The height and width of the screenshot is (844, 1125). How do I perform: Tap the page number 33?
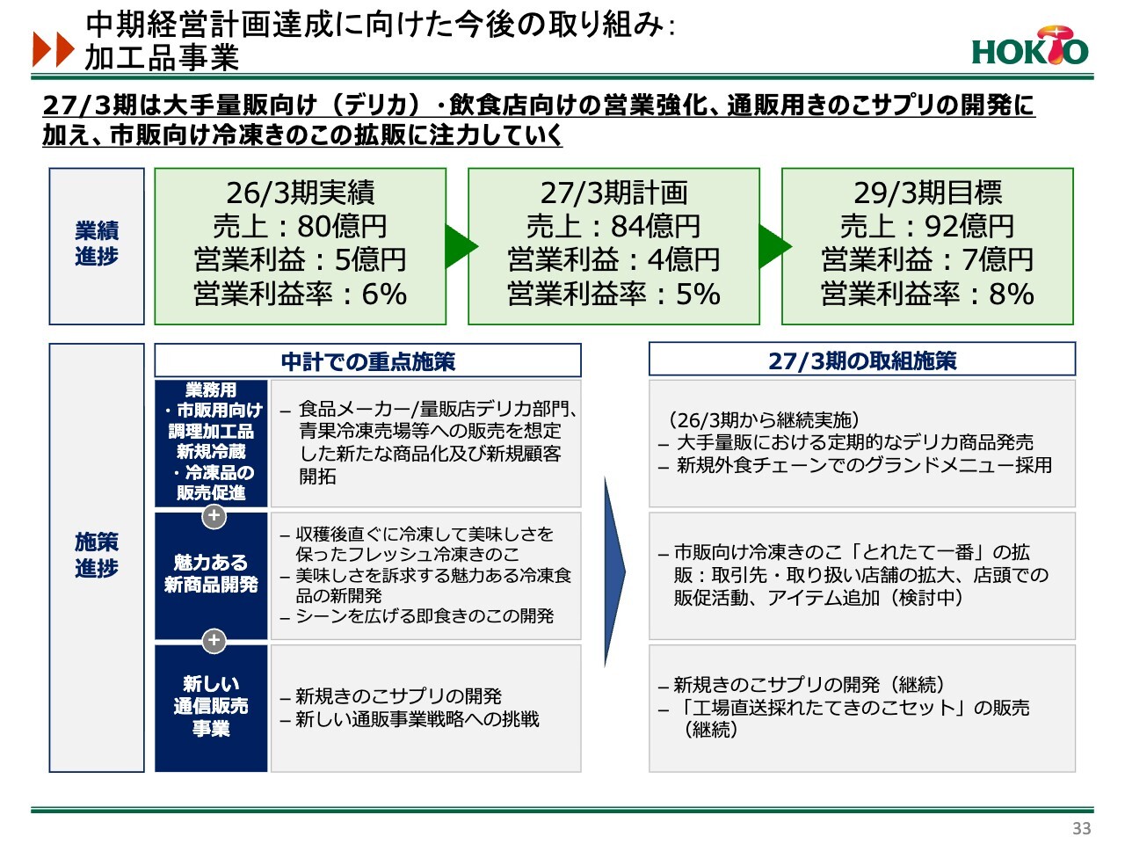(1081, 828)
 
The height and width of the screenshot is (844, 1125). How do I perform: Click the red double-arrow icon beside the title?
(54, 49)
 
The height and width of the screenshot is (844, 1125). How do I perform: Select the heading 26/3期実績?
(301, 193)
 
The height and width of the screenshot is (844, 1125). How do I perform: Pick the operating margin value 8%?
(1012, 294)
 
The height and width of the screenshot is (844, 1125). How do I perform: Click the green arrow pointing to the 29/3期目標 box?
(775, 246)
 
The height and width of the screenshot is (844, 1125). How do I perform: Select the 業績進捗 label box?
(97, 246)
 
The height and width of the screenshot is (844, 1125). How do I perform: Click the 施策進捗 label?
(97, 555)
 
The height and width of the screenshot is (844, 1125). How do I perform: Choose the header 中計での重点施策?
(368, 361)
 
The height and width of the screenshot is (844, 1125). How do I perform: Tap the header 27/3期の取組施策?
(862, 360)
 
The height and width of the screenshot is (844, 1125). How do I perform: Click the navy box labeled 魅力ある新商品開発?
(211, 576)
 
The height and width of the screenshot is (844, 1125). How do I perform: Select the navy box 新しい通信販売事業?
(211, 709)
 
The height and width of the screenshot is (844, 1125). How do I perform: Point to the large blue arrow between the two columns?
(614, 571)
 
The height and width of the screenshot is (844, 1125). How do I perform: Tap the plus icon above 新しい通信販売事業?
(214, 641)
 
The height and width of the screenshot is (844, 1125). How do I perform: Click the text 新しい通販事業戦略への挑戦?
(417, 719)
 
